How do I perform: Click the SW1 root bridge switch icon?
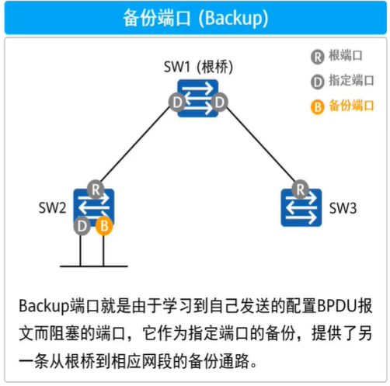click(x=197, y=99)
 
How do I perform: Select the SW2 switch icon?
click(x=94, y=207)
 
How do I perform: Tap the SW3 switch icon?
click(x=301, y=207)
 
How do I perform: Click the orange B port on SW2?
click(x=104, y=226)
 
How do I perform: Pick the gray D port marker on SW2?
click(x=82, y=226)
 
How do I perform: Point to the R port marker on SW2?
click(x=96, y=190)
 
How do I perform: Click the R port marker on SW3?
click(x=300, y=190)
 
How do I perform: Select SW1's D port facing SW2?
click(x=177, y=103)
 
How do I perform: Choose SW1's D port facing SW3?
click(x=219, y=103)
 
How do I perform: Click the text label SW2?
click(x=52, y=207)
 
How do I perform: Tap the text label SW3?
click(x=343, y=208)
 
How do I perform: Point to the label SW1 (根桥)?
click(x=198, y=67)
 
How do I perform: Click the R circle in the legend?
click(x=318, y=57)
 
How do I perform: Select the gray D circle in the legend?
click(x=318, y=82)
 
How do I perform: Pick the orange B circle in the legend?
click(x=318, y=106)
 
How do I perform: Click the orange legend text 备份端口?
click(x=351, y=106)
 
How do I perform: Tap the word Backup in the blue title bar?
click(x=233, y=18)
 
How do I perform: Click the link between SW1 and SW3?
click(x=260, y=144)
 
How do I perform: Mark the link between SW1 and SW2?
click(x=135, y=144)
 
